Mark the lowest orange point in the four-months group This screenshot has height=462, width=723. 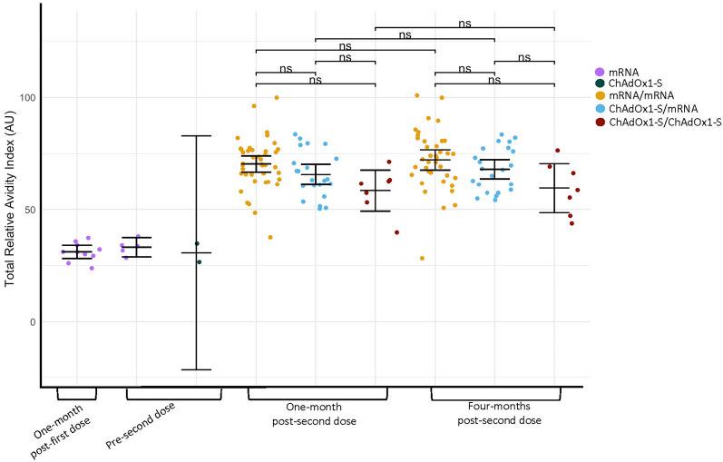[x=422, y=259]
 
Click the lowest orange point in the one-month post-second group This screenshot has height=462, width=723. [x=270, y=238]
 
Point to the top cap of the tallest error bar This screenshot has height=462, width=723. [x=196, y=136]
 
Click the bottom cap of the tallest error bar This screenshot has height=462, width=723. [x=196, y=369]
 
